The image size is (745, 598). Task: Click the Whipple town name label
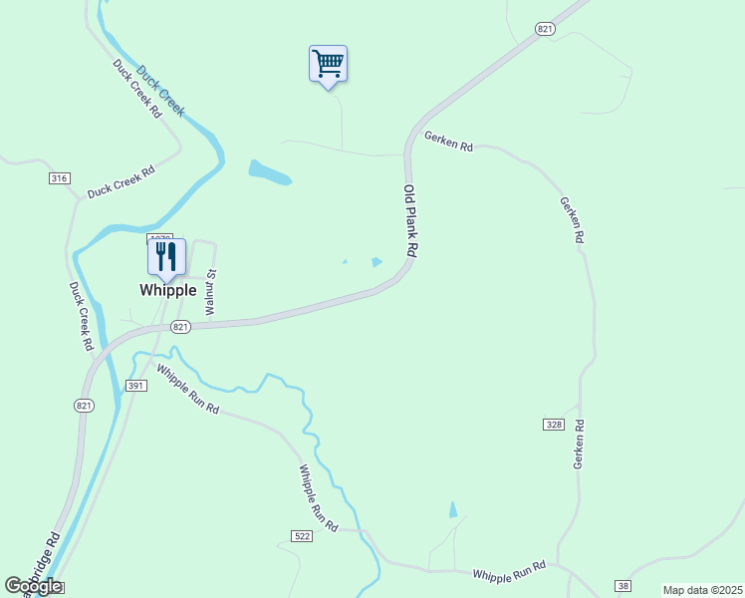(x=167, y=290)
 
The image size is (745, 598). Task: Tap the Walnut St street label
(x=211, y=292)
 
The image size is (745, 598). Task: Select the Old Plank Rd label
(x=410, y=222)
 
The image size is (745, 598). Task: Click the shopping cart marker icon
(x=328, y=65)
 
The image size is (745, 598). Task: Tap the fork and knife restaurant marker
(x=166, y=256)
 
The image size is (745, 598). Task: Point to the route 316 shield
(x=59, y=178)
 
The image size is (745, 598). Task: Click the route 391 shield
(x=136, y=386)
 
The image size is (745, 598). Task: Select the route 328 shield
(x=554, y=425)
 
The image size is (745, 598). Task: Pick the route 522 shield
(x=303, y=536)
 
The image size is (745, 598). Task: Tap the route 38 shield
(x=623, y=585)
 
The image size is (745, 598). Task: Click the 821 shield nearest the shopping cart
(x=544, y=30)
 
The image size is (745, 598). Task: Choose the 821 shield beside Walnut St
(x=179, y=327)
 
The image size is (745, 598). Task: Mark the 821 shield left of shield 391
(x=84, y=405)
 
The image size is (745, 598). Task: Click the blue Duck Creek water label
(x=160, y=91)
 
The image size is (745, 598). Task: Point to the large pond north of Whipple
(x=269, y=172)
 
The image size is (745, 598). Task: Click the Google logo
(x=33, y=586)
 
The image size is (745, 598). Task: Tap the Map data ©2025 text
(x=702, y=590)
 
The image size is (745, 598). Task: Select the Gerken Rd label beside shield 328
(x=578, y=445)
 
